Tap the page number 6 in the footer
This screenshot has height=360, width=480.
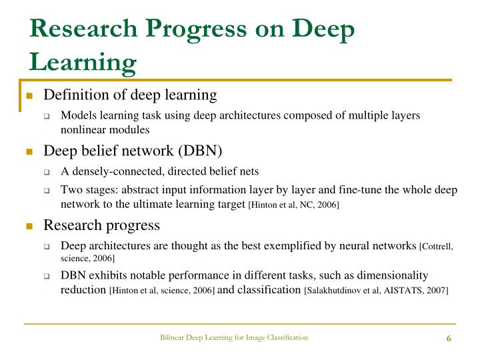coord(449,338)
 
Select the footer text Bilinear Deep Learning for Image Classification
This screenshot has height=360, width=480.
coord(234,337)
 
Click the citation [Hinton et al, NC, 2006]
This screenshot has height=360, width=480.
coord(293,205)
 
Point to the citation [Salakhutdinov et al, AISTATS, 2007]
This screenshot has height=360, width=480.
coord(376,291)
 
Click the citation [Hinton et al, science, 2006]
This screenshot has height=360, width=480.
coord(161,291)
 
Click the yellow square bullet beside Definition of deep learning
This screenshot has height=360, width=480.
coord(29,95)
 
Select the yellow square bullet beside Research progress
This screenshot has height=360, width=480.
coord(29,225)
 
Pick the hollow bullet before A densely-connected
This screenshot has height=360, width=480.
coord(47,172)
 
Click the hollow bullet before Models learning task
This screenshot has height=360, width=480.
coord(47,116)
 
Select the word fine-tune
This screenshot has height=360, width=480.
coord(343,189)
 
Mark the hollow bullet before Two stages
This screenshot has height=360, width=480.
coord(47,191)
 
